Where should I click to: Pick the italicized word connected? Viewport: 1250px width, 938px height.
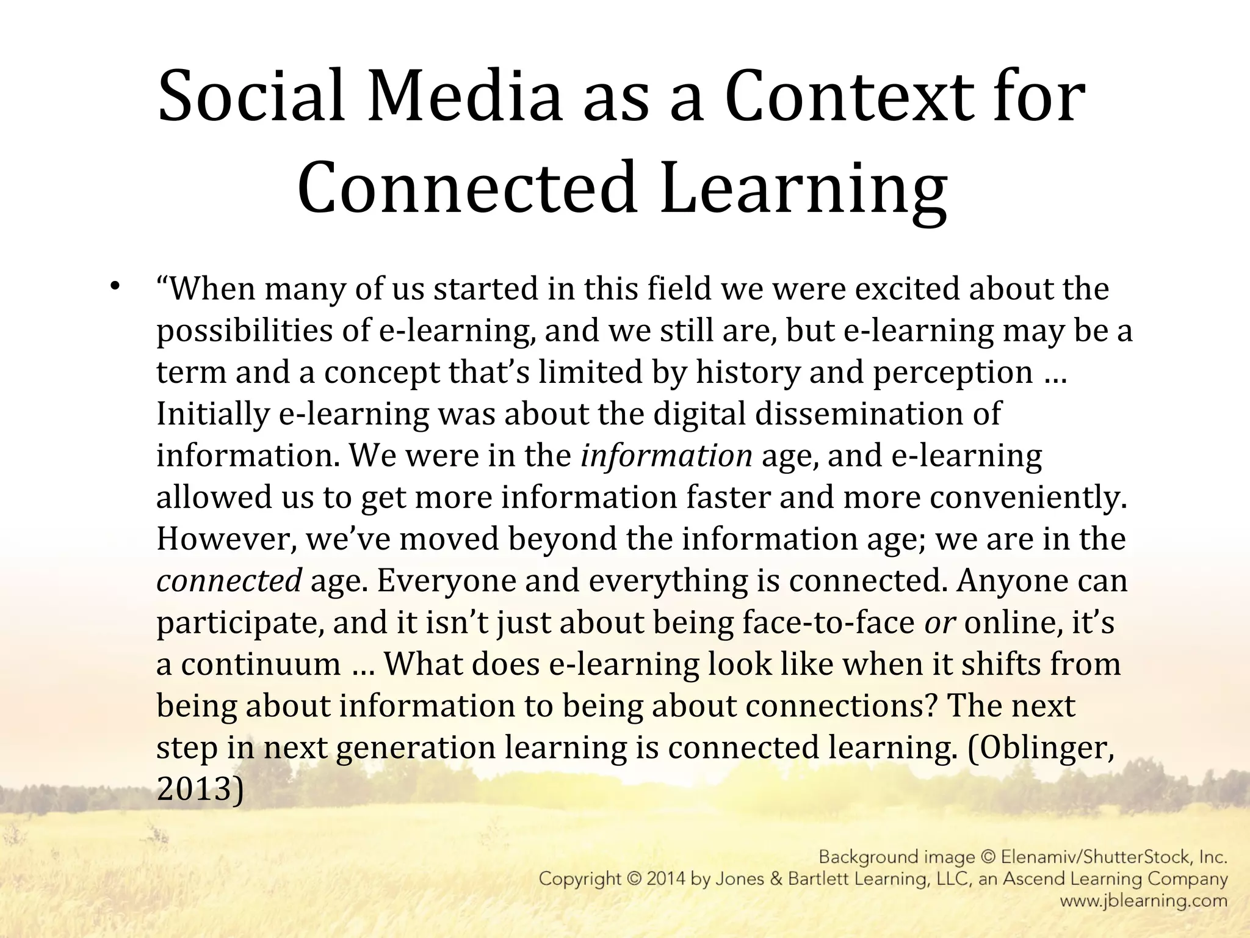click(x=229, y=581)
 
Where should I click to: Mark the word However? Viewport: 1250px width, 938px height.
click(x=226, y=539)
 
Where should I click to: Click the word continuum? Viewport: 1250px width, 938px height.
click(x=261, y=664)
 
